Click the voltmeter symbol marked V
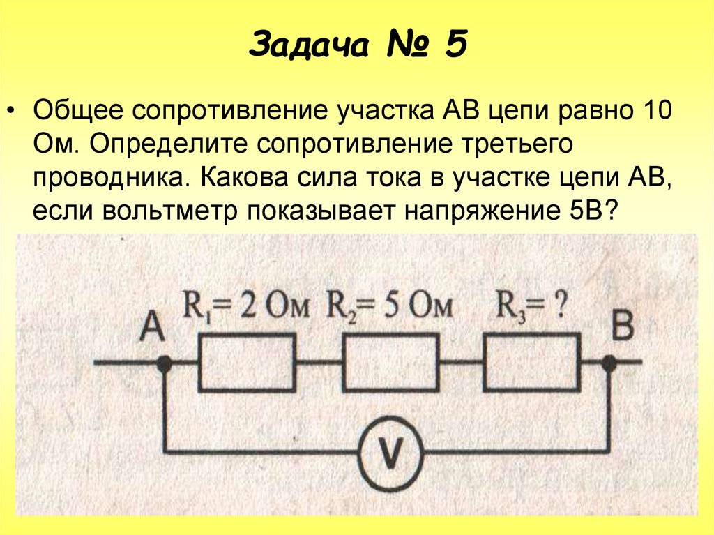[x=390, y=454]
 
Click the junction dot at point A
[x=165, y=363]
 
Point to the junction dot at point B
[x=609, y=363]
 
